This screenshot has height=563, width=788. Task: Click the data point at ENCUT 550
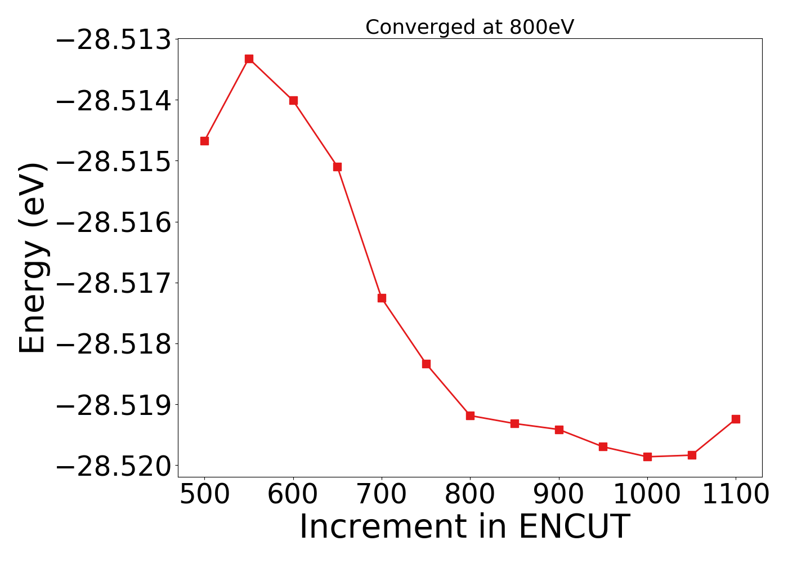(x=249, y=59)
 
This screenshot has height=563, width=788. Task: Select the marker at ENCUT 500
(x=204, y=141)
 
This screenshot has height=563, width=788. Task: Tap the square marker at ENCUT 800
(x=470, y=415)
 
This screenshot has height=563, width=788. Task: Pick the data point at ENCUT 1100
(x=736, y=419)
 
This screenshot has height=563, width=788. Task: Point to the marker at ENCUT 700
(x=382, y=298)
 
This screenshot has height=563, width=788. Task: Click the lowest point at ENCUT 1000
(x=647, y=457)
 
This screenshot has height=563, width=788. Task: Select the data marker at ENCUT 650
(x=337, y=167)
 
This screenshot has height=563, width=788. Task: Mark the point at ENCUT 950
(x=603, y=446)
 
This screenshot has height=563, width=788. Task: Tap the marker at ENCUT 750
(x=426, y=364)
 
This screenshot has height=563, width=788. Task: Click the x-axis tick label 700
(x=382, y=495)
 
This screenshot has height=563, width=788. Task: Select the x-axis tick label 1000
(x=647, y=495)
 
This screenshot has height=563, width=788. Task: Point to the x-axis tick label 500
(x=204, y=495)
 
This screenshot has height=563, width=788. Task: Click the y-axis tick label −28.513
(x=113, y=41)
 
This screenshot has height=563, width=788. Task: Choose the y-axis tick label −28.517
(x=113, y=283)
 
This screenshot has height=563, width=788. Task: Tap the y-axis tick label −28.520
(x=113, y=466)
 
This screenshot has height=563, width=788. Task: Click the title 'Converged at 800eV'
(x=469, y=27)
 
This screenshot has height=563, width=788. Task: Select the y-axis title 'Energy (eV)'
(x=32, y=258)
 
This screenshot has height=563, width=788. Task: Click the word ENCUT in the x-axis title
(x=573, y=528)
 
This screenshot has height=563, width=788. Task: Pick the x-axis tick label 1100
(x=736, y=495)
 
